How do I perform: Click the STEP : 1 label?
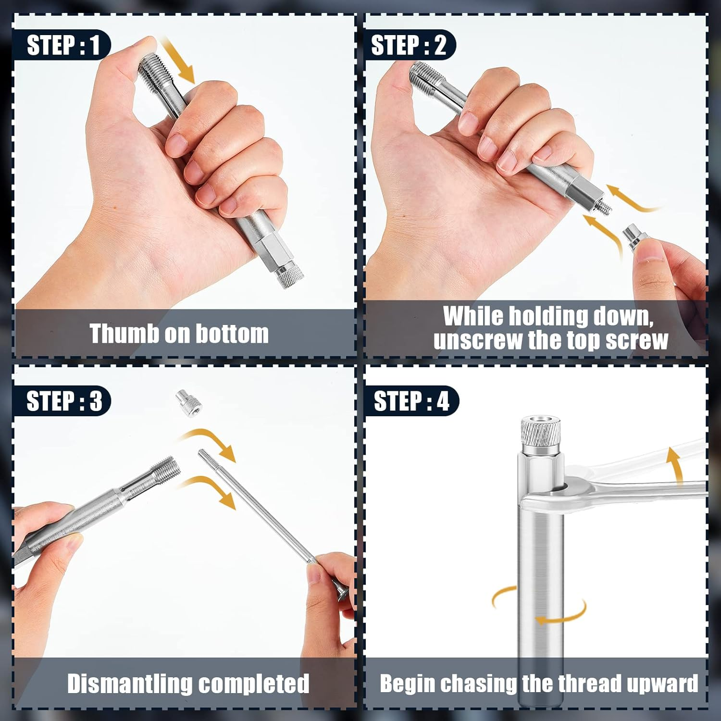(63, 45)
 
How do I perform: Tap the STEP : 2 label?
(409, 45)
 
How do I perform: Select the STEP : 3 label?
(64, 400)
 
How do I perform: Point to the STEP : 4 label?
(411, 400)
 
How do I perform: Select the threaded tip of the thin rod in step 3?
(207, 459)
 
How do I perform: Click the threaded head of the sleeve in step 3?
(166, 471)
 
